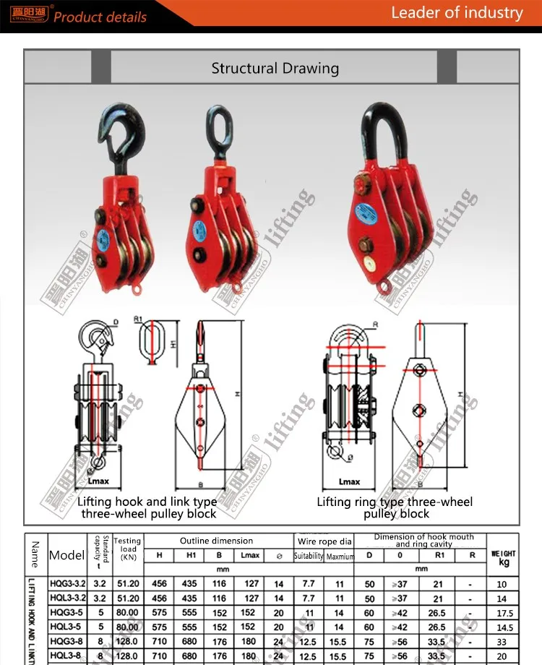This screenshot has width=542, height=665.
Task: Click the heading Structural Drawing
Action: [275, 69]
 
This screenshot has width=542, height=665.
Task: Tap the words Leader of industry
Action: [457, 12]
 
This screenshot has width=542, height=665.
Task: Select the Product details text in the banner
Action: [100, 17]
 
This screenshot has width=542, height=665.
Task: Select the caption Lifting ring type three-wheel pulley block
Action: [395, 507]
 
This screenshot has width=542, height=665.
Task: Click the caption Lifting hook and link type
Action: [147, 502]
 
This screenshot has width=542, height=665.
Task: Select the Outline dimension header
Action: [217, 541]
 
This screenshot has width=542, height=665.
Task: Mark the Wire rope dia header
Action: [324, 541]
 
